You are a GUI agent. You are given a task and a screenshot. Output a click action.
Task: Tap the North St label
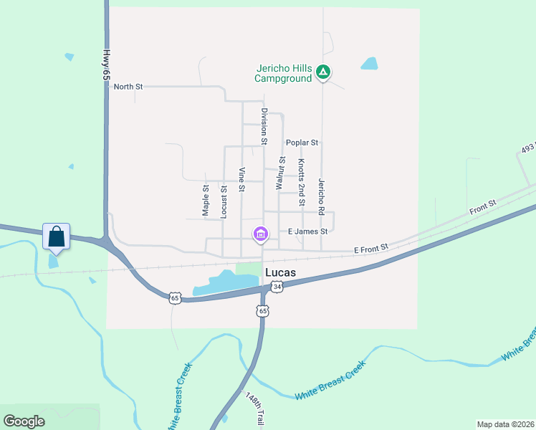click(x=128, y=87)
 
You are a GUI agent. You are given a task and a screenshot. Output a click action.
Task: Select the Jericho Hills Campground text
click(x=284, y=73)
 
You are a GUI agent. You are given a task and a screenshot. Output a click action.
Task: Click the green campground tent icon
click(x=323, y=72)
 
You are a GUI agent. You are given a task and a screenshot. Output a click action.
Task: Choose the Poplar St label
click(x=302, y=143)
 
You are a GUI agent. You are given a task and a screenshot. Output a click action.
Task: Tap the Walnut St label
click(x=280, y=173)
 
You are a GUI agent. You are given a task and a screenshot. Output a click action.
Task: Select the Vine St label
click(x=242, y=180)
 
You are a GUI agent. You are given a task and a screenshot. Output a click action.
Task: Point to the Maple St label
click(x=205, y=201)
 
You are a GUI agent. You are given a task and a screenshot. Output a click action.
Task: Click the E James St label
click(x=307, y=231)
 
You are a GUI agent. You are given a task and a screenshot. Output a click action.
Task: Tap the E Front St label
click(x=370, y=247)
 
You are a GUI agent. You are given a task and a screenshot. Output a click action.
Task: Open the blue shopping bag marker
click(x=57, y=236)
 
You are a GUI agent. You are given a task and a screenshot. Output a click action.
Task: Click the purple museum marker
click(x=260, y=234)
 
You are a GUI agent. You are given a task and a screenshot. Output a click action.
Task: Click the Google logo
click(x=24, y=421)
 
